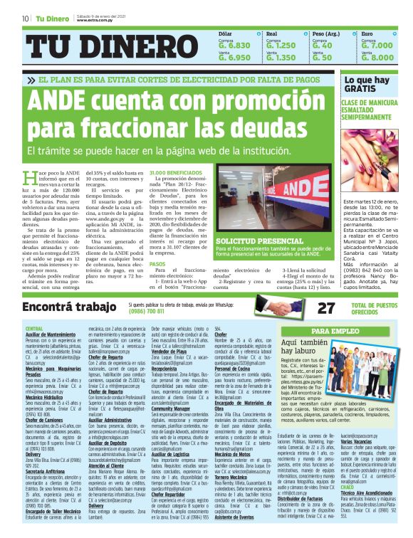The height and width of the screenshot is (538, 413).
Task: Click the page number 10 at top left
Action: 25,17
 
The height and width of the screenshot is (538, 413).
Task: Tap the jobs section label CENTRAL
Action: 34,328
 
